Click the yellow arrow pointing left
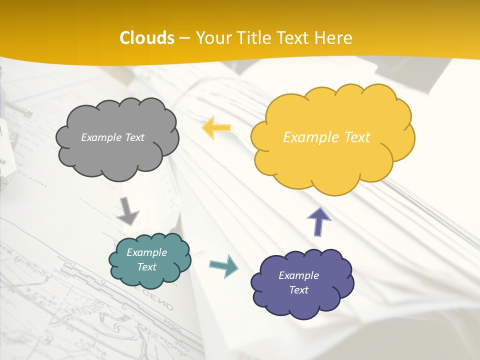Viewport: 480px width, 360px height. tap(216, 128)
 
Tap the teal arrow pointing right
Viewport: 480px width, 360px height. tap(224, 265)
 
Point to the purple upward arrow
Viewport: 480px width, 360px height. tap(319, 221)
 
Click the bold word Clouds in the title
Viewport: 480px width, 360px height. tap(147, 38)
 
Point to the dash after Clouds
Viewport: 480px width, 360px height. tap(185, 38)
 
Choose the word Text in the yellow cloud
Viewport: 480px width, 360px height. tap(357, 137)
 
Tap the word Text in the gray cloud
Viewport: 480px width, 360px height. tap(134, 137)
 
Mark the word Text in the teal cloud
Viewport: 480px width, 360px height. tap(147, 267)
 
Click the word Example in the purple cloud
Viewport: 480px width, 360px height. tap(298, 275)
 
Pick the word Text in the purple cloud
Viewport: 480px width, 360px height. tap(298, 290)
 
